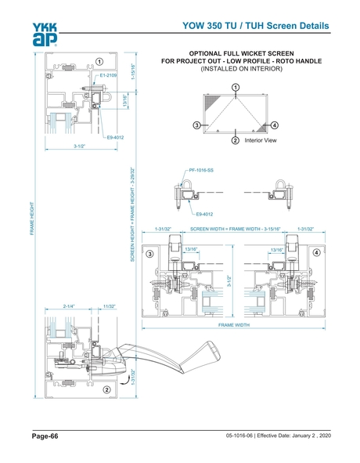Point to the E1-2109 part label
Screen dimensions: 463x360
(x=110, y=75)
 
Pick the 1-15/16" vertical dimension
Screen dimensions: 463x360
(x=134, y=73)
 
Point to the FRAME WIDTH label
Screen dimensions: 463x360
(x=235, y=323)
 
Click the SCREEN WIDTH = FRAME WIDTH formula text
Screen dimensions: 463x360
(x=235, y=229)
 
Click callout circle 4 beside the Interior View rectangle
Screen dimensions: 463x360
(x=275, y=125)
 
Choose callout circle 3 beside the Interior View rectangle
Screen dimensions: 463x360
(x=196, y=125)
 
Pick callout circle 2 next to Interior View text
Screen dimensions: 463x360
(x=235, y=141)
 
